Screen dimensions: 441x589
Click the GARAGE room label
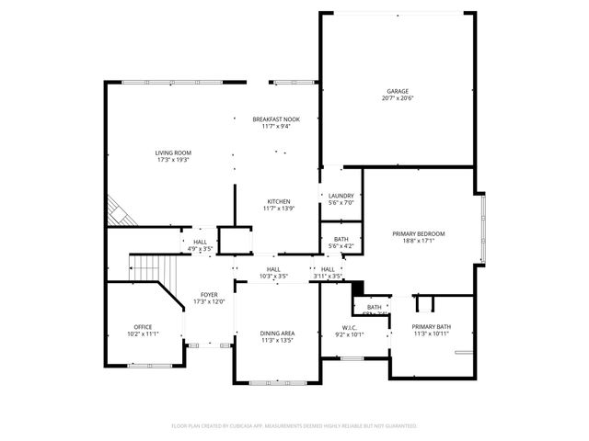[x=398, y=91]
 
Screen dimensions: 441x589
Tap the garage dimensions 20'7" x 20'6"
[x=398, y=98]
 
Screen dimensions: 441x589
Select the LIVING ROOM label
[x=172, y=153]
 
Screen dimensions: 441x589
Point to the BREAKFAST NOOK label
[x=276, y=119]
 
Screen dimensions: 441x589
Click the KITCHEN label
[x=279, y=201]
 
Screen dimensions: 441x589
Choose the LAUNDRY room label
[x=341, y=196]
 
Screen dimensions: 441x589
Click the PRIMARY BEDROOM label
[x=419, y=234]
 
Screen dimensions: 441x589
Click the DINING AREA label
[x=276, y=333]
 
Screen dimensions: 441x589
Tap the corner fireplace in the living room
[x=118, y=211]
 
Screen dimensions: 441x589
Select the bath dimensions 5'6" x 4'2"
[x=341, y=246]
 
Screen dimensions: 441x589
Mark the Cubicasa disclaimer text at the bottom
[x=294, y=426]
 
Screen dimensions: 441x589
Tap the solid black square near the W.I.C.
[x=358, y=286]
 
